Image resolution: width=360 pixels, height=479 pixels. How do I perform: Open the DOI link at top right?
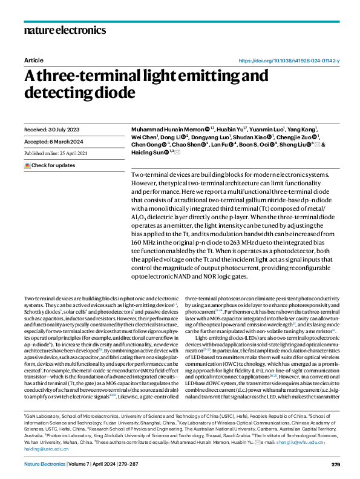pos(289,61)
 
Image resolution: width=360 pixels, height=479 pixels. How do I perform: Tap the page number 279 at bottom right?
pos(336,464)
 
